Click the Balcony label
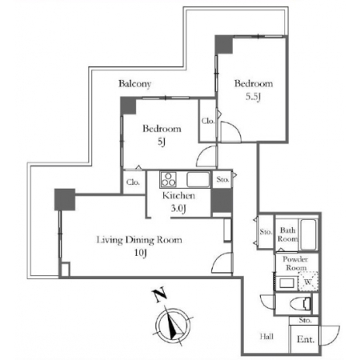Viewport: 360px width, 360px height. [x=134, y=84]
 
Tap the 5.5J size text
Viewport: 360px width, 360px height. [x=253, y=97]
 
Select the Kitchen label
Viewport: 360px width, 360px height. [x=178, y=195]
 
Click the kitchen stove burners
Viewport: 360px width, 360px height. [x=168, y=179]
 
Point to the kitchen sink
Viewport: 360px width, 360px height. [x=198, y=179]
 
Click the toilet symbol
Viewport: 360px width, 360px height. [x=301, y=304]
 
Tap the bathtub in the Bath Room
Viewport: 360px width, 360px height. [x=308, y=234]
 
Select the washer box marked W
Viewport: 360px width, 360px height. [x=308, y=282]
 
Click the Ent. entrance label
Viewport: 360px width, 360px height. [x=306, y=339]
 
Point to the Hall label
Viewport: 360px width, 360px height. [x=266, y=337]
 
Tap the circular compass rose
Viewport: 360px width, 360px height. [x=173, y=326]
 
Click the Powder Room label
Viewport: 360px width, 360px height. [x=295, y=263]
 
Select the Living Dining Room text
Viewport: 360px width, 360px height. [x=139, y=240]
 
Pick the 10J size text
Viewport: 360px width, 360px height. [x=141, y=253]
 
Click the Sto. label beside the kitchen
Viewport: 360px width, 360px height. [x=222, y=179]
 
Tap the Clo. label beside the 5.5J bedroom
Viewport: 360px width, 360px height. [x=208, y=121]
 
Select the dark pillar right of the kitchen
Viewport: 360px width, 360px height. [x=222, y=201]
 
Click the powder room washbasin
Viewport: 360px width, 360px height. [x=286, y=283]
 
